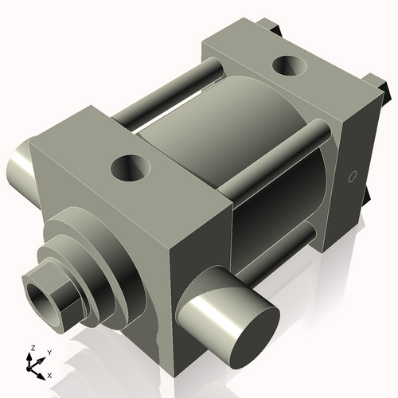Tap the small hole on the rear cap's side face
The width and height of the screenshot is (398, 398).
[x=350, y=177]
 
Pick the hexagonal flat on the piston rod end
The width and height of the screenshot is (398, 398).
[x=68, y=303]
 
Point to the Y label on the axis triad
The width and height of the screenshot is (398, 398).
[x=49, y=351]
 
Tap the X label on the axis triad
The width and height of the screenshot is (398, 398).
[x=49, y=374]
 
